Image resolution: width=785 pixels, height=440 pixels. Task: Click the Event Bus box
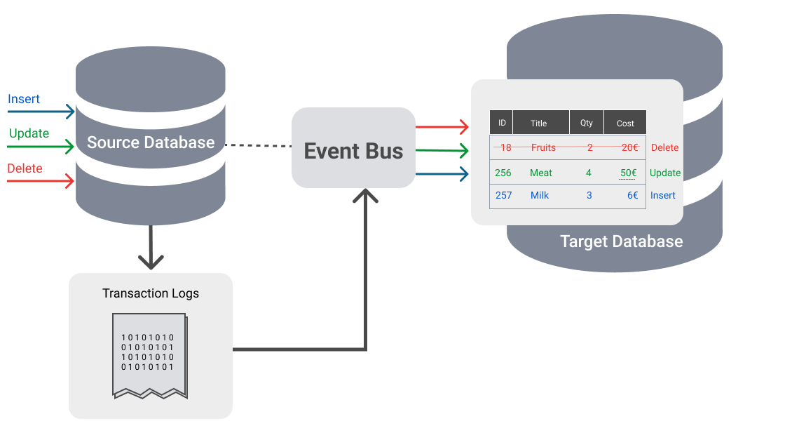[353, 148]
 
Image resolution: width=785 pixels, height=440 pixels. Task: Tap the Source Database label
[151, 142]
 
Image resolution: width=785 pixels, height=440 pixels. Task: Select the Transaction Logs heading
[151, 293]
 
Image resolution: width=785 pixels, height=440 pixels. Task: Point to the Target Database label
[621, 241]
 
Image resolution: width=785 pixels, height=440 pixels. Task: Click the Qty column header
[587, 123]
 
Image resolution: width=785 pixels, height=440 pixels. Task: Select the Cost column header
[625, 123]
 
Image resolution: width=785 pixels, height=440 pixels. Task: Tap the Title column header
[539, 123]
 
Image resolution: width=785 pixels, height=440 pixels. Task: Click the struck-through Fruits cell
[543, 147]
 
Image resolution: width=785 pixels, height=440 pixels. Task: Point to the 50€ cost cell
[628, 173]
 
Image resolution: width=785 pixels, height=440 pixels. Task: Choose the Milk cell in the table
[540, 195]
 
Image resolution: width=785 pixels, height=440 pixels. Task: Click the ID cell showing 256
[503, 173]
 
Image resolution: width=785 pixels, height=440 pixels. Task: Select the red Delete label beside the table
[664, 147]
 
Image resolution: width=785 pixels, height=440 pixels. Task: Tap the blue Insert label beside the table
[662, 195]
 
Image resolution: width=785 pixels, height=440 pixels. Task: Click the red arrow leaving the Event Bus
[442, 127]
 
